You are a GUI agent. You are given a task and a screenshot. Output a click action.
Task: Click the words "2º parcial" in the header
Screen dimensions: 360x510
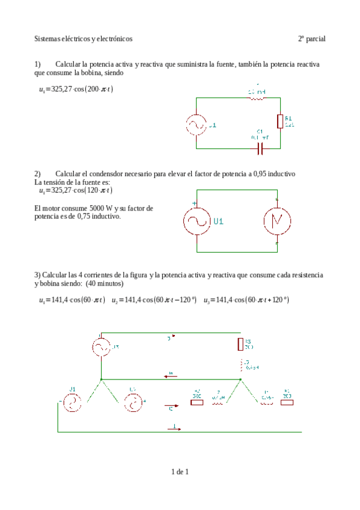click(311, 38)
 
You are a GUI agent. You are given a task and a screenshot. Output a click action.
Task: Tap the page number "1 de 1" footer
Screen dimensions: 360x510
click(180, 472)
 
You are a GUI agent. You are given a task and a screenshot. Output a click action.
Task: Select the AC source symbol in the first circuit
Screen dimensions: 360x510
click(196, 125)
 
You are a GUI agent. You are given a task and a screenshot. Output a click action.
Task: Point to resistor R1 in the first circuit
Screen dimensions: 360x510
click(279, 121)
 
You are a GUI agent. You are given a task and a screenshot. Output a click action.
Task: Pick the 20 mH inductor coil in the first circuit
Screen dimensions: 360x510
click(257, 97)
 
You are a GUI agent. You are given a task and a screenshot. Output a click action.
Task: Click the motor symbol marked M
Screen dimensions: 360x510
click(276, 222)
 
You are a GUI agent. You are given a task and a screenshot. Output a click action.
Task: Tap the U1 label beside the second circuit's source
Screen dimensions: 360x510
click(219, 221)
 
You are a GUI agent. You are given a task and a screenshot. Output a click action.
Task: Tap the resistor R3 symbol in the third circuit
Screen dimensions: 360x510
click(240, 343)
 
